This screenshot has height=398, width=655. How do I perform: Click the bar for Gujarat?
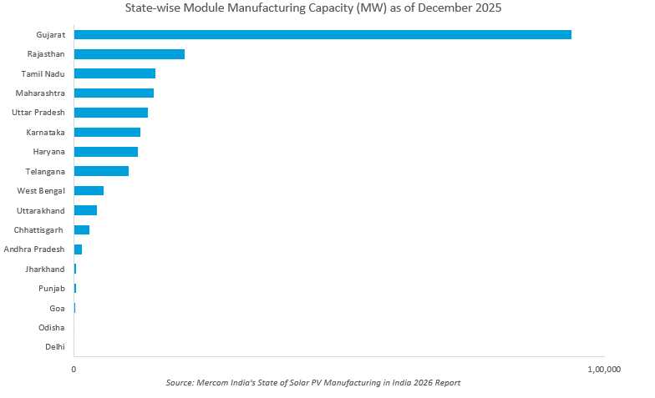(x=322, y=34)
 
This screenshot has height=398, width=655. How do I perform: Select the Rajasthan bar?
(x=129, y=54)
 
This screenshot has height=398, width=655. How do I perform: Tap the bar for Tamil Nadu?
(x=114, y=73)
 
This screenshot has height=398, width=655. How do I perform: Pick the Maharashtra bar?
(x=114, y=93)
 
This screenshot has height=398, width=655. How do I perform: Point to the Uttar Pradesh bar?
(x=111, y=113)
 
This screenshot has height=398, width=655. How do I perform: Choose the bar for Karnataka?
(x=107, y=132)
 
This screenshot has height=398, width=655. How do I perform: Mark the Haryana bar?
(x=106, y=152)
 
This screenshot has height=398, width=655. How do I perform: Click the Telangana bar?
(x=101, y=171)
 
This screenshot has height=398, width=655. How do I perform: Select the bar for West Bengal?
(x=89, y=191)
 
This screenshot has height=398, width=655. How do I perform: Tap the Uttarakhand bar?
(x=85, y=210)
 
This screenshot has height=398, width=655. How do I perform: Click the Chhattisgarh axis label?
(x=39, y=229)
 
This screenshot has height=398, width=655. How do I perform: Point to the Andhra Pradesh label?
(x=34, y=249)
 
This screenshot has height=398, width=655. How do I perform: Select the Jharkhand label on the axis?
(x=45, y=269)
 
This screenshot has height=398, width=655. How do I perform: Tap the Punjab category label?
(x=51, y=289)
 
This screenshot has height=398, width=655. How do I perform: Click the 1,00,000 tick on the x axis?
(x=604, y=369)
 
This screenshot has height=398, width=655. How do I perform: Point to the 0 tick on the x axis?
(x=74, y=369)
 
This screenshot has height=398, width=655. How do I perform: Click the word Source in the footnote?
(x=180, y=383)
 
